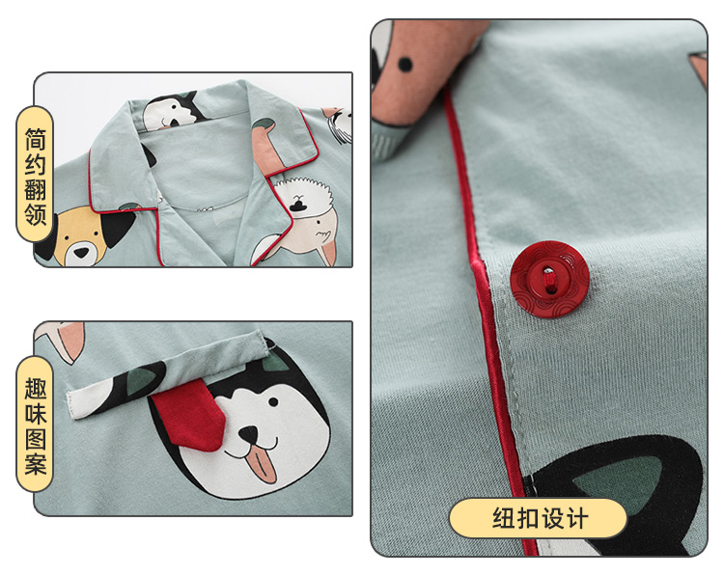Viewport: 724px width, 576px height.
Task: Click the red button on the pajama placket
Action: pos(549,279)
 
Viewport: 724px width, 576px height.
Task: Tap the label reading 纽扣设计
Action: pos(539,518)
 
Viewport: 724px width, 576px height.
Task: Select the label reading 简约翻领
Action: pos(35,175)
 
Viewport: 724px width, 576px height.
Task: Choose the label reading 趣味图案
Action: pos(35,425)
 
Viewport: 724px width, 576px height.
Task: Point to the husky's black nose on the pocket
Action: pos(248,434)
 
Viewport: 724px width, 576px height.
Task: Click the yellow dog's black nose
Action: pos(81,253)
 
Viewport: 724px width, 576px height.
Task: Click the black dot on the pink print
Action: pos(404,64)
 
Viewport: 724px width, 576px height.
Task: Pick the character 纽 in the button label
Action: pos(504,518)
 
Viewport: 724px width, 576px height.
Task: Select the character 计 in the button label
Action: pos(576,518)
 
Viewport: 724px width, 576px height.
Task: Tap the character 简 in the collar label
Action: pos(35,139)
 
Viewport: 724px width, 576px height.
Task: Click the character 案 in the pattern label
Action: pos(35,464)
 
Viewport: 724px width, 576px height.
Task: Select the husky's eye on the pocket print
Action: pos(273,402)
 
